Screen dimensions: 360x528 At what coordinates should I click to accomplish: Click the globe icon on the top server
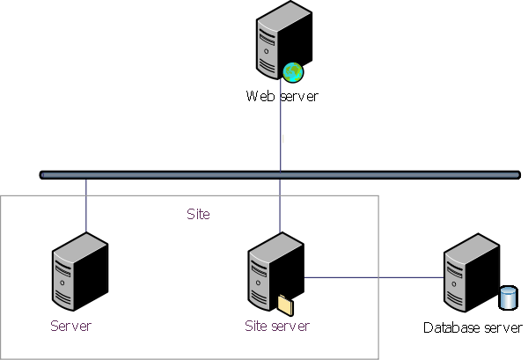point(293,72)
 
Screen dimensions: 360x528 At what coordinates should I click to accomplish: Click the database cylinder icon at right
point(508,297)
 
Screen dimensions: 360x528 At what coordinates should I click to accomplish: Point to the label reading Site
point(198,214)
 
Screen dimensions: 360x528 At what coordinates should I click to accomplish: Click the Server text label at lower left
point(70,326)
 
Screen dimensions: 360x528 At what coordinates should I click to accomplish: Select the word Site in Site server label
point(254,326)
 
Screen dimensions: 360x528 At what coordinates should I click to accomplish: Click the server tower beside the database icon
point(470,272)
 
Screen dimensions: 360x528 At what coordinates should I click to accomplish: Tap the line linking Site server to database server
point(374,277)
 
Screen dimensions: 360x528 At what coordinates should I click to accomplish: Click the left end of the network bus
point(43,174)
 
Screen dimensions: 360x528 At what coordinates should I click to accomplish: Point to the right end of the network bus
point(517,174)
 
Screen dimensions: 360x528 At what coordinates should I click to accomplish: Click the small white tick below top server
point(283,138)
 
